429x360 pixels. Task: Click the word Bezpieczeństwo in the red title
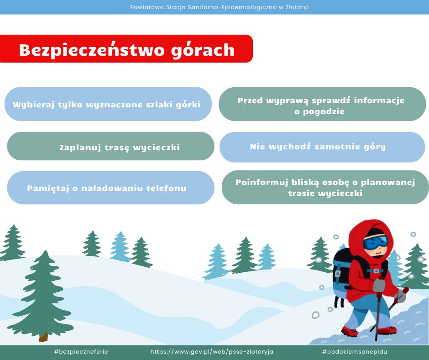92,50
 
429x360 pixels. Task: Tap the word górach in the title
203,51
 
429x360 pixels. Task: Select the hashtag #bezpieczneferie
81,351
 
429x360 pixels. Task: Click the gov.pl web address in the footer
212,351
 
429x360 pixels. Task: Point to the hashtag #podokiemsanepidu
355,351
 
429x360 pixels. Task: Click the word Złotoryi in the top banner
297,7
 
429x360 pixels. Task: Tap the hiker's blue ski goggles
375,243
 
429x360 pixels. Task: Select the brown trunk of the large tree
43,337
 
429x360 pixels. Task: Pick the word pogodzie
324,112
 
